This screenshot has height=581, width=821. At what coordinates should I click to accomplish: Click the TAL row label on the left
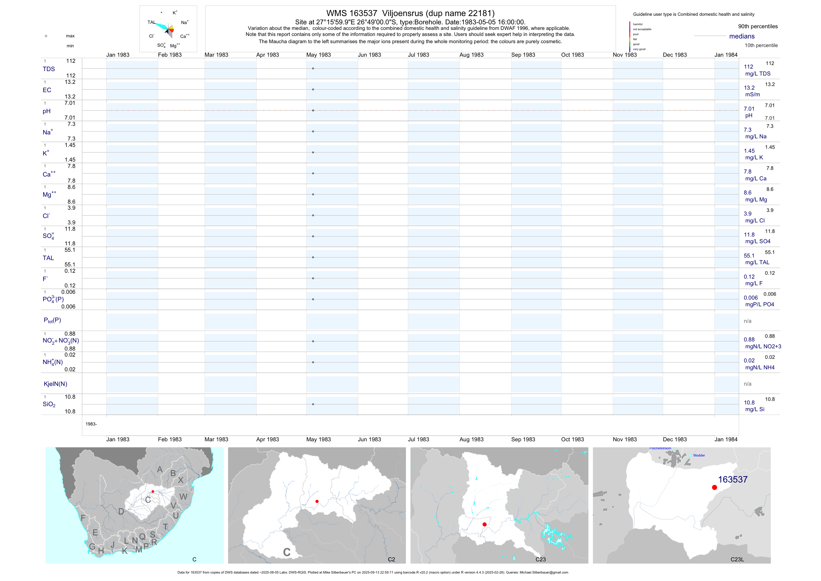pos(48,258)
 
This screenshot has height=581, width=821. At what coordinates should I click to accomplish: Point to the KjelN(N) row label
pos(55,384)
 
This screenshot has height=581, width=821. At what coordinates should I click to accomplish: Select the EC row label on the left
pos(47,90)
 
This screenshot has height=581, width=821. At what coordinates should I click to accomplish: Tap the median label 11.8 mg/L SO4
pos(757,238)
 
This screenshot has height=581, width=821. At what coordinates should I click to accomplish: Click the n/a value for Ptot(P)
pos(747,321)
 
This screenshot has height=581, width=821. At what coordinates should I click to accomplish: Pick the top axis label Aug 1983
pos(471,55)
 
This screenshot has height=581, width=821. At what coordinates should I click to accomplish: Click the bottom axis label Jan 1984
pos(726,439)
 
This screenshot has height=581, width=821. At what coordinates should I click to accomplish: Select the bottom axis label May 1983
pos(318,439)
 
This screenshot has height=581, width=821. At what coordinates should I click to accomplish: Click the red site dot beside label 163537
pos(715,487)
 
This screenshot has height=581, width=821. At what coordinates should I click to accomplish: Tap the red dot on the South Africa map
pos(153,492)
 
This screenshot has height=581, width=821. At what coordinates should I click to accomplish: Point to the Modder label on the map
pos(699,455)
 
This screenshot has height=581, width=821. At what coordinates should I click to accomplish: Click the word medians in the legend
pos(742,36)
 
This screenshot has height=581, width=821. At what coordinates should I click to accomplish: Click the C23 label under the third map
pos(540,559)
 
